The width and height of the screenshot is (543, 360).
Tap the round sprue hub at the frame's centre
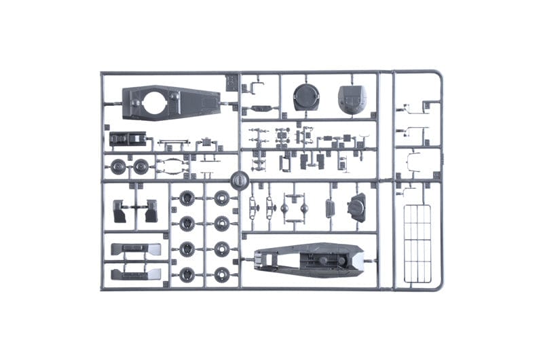coord(238,180)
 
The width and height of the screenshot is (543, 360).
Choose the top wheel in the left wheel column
coord(187,198)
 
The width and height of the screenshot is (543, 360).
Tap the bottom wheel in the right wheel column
coord(221,274)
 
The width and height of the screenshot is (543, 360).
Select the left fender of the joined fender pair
coord(120,211)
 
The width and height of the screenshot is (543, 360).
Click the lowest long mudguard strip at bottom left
coord(136,273)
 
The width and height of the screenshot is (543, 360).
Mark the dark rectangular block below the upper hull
coord(128,139)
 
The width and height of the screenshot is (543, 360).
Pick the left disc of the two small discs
coord(118,166)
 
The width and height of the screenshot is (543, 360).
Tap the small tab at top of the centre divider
coord(231,83)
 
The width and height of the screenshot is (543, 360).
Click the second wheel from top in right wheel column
coord(221,223)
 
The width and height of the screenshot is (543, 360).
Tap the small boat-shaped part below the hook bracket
coord(261,108)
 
